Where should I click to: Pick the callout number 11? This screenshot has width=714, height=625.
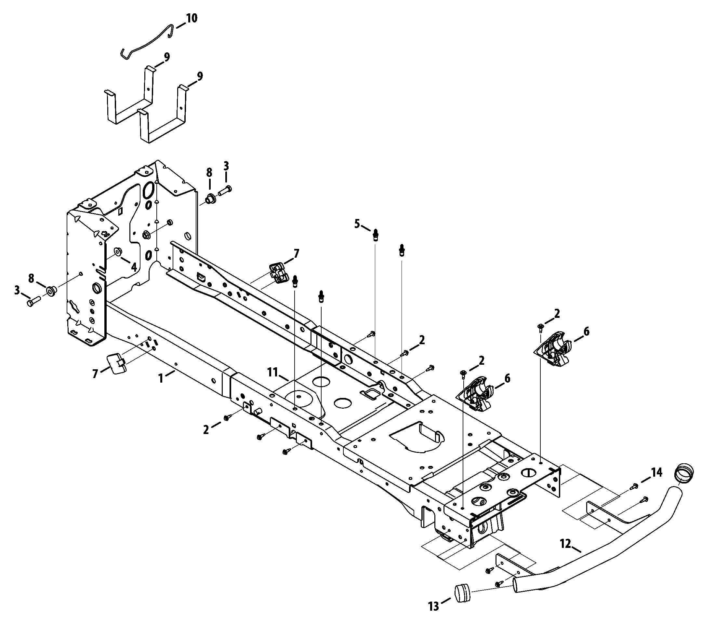coord(272,373)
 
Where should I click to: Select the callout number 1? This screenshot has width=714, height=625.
coord(161,378)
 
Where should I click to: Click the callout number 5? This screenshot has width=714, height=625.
coord(357,224)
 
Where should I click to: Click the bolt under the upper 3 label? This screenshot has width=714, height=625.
coord(225,190)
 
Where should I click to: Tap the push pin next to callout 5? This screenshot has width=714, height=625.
coord(376,234)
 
